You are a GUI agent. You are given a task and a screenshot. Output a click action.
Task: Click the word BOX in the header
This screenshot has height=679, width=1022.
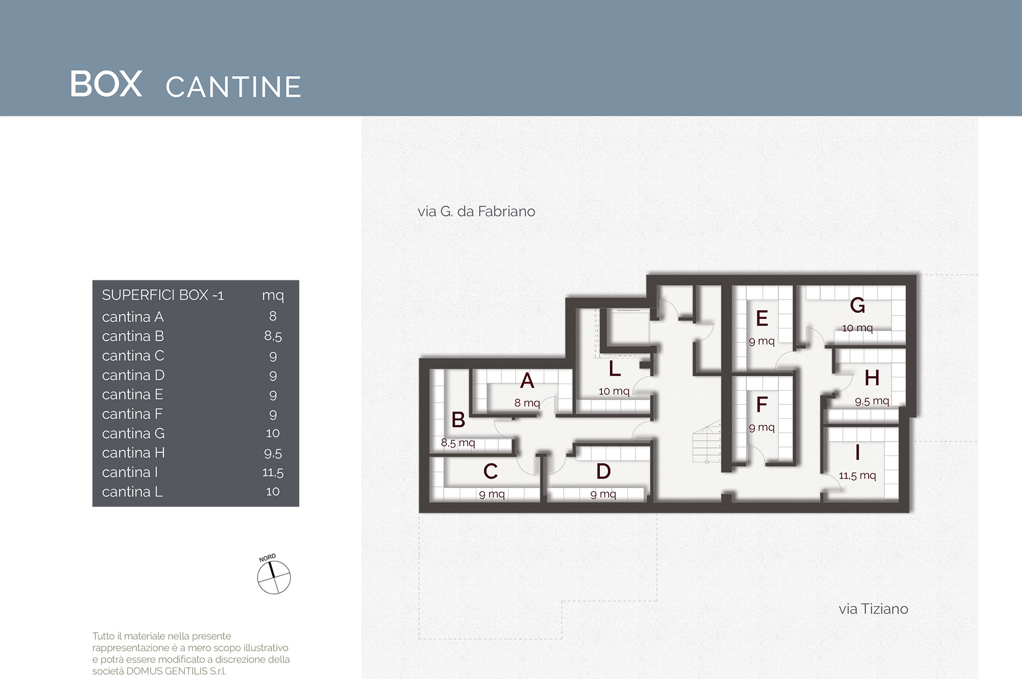pyautogui.click(x=106, y=84)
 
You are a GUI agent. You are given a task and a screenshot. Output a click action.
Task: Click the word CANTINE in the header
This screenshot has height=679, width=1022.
pyautogui.click(x=234, y=87)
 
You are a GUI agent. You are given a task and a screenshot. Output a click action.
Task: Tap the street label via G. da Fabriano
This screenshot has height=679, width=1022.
pyautogui.click(x=476, y=211)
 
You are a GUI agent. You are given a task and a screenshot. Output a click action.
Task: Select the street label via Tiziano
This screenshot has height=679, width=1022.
pyautogui.click(x=873, y=609)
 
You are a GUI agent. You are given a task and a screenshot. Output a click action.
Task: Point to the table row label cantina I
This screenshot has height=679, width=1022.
pyautogui.click(x=130, y=472)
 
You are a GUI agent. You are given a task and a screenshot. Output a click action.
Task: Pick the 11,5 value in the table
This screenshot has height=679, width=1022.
pyautogui.click(x=273, y=473)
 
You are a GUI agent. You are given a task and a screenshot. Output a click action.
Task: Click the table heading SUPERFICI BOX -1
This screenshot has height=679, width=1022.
pyautogui.click(x=163, y=295)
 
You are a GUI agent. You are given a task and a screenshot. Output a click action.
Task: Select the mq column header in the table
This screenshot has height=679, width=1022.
pyautogui.click(x=273, y=296)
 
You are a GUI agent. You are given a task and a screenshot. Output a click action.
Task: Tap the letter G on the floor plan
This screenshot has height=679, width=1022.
pyautogui.click(x=858, y=305)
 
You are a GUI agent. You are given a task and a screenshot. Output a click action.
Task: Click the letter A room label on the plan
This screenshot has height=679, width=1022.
pyautogui.click(x=527, y=380)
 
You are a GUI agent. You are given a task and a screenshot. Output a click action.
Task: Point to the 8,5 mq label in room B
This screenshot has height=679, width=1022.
pyautogui.click(x=458, y=443)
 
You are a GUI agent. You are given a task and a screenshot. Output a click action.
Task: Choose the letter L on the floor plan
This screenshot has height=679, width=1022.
pyautogui.click(x=615, y=368)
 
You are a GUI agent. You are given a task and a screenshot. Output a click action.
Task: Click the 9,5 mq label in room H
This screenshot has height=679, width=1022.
pyautogui.click(x=872, y=401)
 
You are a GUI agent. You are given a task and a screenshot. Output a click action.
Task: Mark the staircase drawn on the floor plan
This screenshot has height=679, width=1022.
pyautogui.click(x=707, y=442)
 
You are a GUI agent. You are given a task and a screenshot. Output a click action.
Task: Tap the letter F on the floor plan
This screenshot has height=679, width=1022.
pyautogui.click(x=762, y=404)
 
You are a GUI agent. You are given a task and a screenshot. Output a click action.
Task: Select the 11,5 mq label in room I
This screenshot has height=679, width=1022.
pyautogui.click(x=858, y=475)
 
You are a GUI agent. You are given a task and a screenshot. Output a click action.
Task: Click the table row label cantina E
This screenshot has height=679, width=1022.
pyautogui.click(x=133, y=394)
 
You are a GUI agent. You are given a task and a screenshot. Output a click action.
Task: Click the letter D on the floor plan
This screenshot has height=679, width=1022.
pyautogui.click(x=604, y=471)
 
